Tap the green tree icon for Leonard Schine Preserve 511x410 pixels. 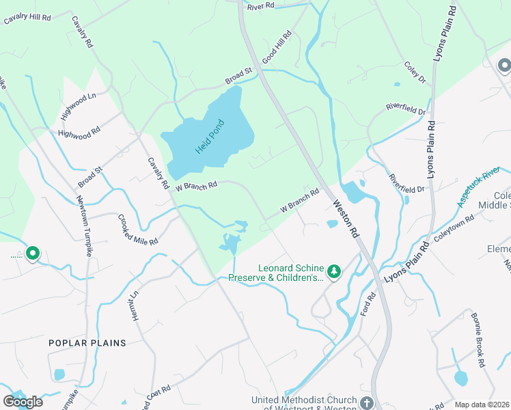334,272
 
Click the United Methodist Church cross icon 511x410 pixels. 367,402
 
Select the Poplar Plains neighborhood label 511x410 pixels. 87,342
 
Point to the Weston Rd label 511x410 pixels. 346,218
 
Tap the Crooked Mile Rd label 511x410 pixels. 137,230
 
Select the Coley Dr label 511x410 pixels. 415,73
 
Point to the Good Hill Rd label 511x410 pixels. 277,46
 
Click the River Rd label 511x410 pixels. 260,6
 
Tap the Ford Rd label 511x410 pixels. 370,305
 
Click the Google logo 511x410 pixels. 23,402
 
